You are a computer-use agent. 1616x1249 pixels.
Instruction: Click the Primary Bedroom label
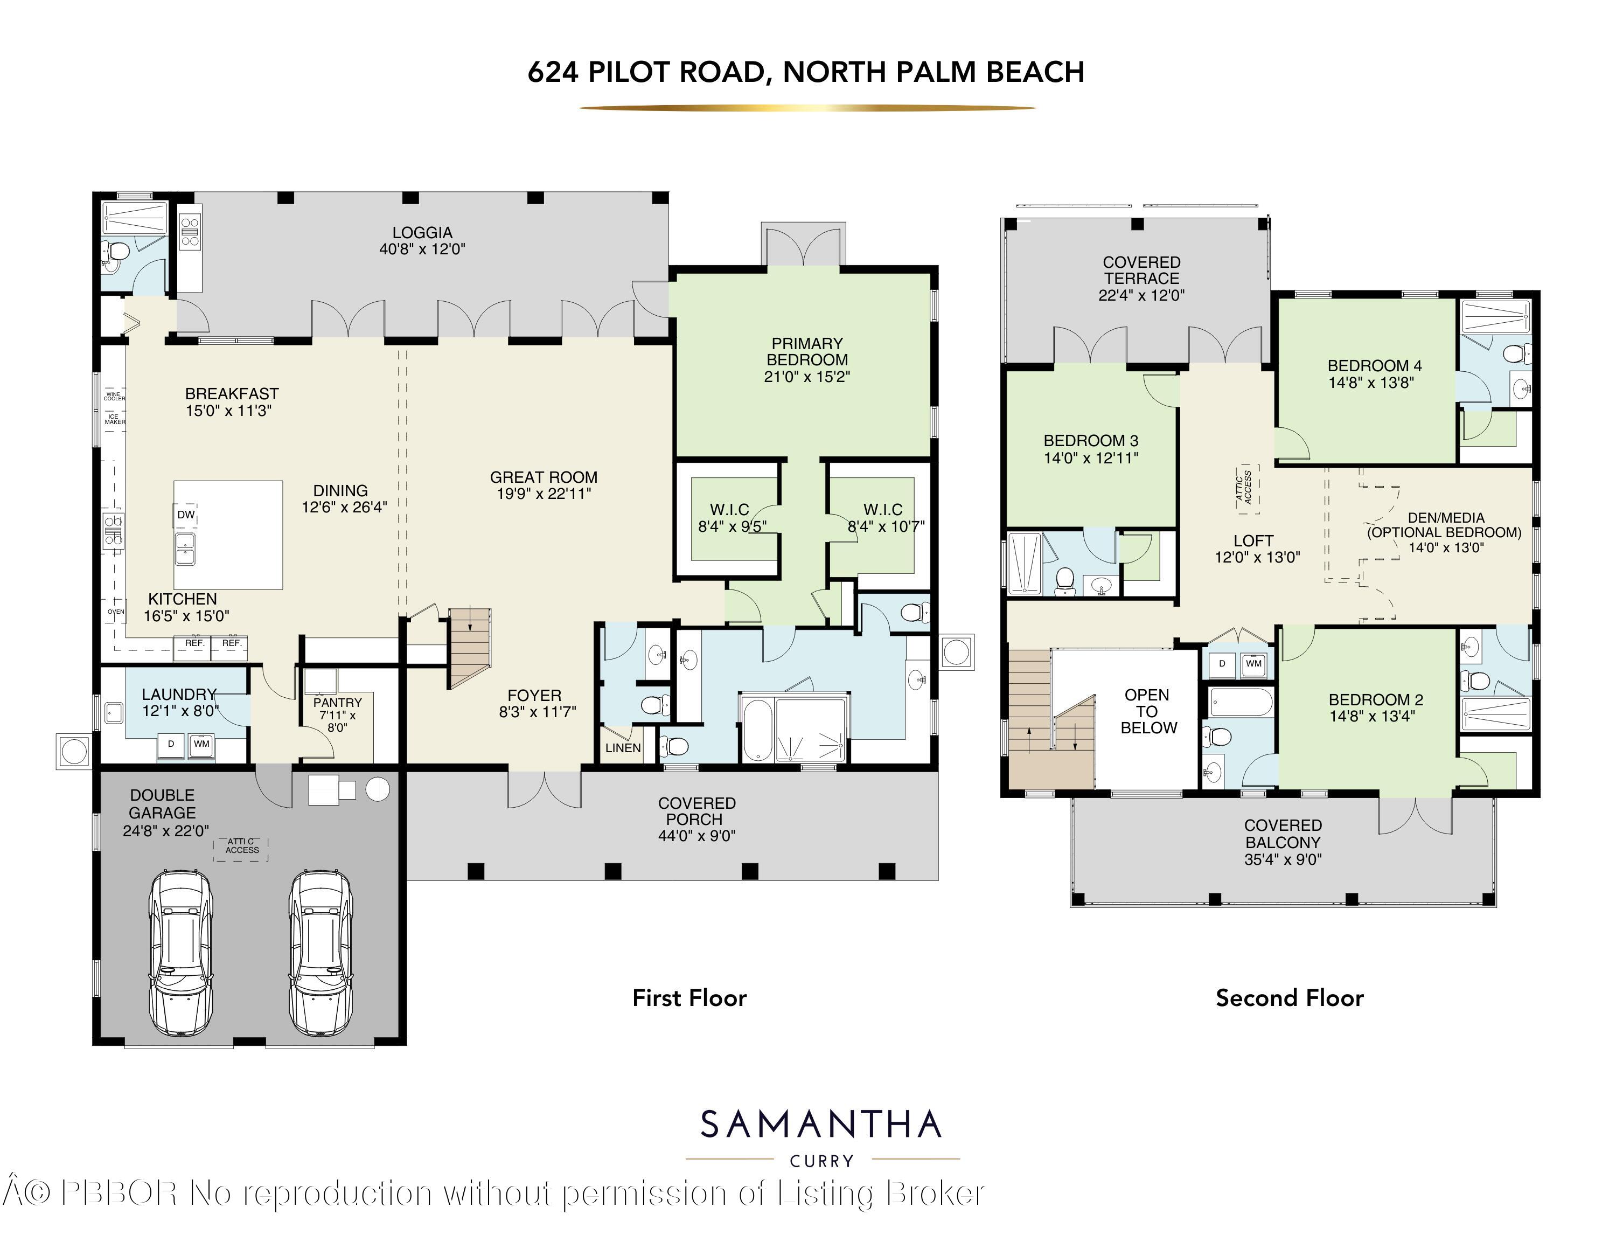(806, 351)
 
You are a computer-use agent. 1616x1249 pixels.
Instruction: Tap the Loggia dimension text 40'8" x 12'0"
(422, 249)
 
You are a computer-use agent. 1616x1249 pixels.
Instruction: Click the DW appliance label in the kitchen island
(186, 515)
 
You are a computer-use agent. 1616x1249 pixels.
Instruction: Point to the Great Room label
(543, 477)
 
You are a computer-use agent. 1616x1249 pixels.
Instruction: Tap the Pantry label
(337, 702)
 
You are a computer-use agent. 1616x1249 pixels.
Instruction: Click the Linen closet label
(623, 748)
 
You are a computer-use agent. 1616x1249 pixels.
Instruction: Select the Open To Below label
(1147, 711)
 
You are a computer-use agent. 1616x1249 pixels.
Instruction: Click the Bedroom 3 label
(1091, 441)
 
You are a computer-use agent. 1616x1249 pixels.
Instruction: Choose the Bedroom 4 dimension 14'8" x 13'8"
(1371, 383)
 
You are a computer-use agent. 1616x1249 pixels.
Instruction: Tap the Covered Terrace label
(1142, 270)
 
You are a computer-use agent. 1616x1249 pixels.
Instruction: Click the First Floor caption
(689, 998)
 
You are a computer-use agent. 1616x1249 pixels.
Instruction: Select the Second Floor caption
(1290, 998)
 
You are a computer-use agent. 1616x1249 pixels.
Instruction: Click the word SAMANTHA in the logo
(820, 1126)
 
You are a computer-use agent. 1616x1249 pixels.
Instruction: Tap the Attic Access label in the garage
(242, 846)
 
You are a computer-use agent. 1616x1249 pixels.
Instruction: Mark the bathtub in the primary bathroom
(756, 729)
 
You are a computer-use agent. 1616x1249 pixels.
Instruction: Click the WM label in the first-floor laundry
(201, 744)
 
